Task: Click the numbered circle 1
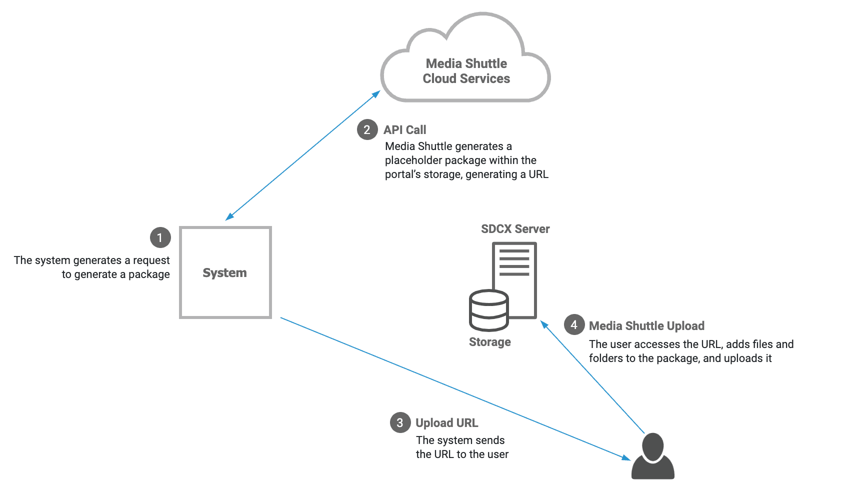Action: point(160,238)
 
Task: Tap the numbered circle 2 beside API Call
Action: point(367,130)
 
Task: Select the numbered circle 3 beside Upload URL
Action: point(400,423)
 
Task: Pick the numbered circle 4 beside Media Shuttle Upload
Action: point(574,325)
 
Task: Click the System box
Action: point(225,272)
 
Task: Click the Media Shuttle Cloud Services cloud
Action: point(466,70)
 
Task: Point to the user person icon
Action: point(653,456)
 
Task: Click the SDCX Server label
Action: point(515,229)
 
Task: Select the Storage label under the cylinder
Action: point(489,342)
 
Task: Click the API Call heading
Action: point(404,130)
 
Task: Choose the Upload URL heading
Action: point(446,423)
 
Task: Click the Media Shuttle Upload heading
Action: point(646,326)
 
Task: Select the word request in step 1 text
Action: point(151,260)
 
